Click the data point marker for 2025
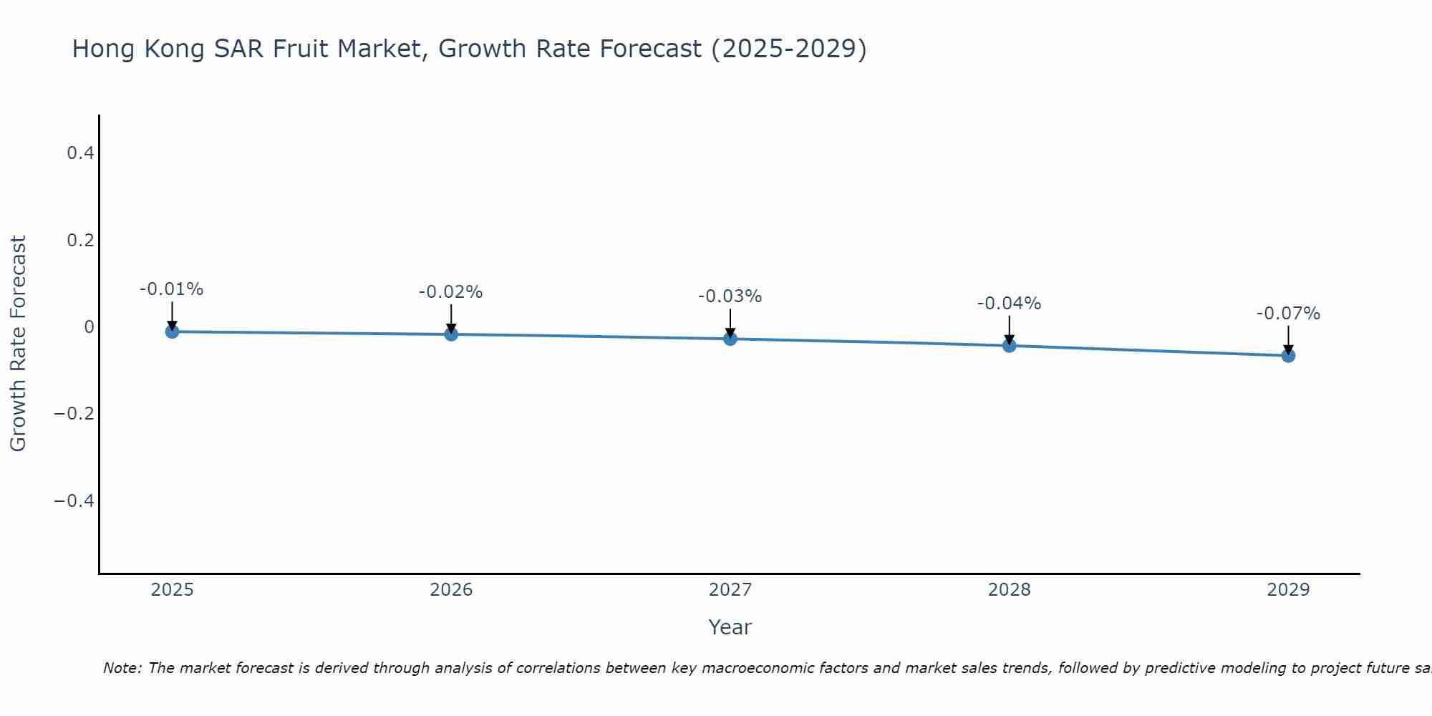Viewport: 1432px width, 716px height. pos(172,332)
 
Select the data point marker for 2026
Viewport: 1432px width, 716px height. pos(451,334)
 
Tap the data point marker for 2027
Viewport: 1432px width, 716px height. pos(730,339)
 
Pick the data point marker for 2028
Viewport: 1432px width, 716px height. pos(1010,346)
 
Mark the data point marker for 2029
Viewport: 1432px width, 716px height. pos(1288,356)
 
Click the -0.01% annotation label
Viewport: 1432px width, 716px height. pos(172,289)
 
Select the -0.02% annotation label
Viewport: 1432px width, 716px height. pos(451,292)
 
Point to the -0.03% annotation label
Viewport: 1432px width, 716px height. pos(730,296)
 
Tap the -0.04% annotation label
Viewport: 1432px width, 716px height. pos(1010,304)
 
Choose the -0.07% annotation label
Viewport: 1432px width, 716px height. pos(1288,314)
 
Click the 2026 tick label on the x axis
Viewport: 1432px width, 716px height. pos(451,590)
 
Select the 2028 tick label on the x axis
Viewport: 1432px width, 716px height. pos(1010,590)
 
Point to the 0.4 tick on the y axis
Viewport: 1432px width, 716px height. pos(80,153)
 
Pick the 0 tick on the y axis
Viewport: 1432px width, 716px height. pos(89,327)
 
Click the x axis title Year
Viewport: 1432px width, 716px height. pos(730,627)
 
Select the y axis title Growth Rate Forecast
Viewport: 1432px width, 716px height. pos(18,344)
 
